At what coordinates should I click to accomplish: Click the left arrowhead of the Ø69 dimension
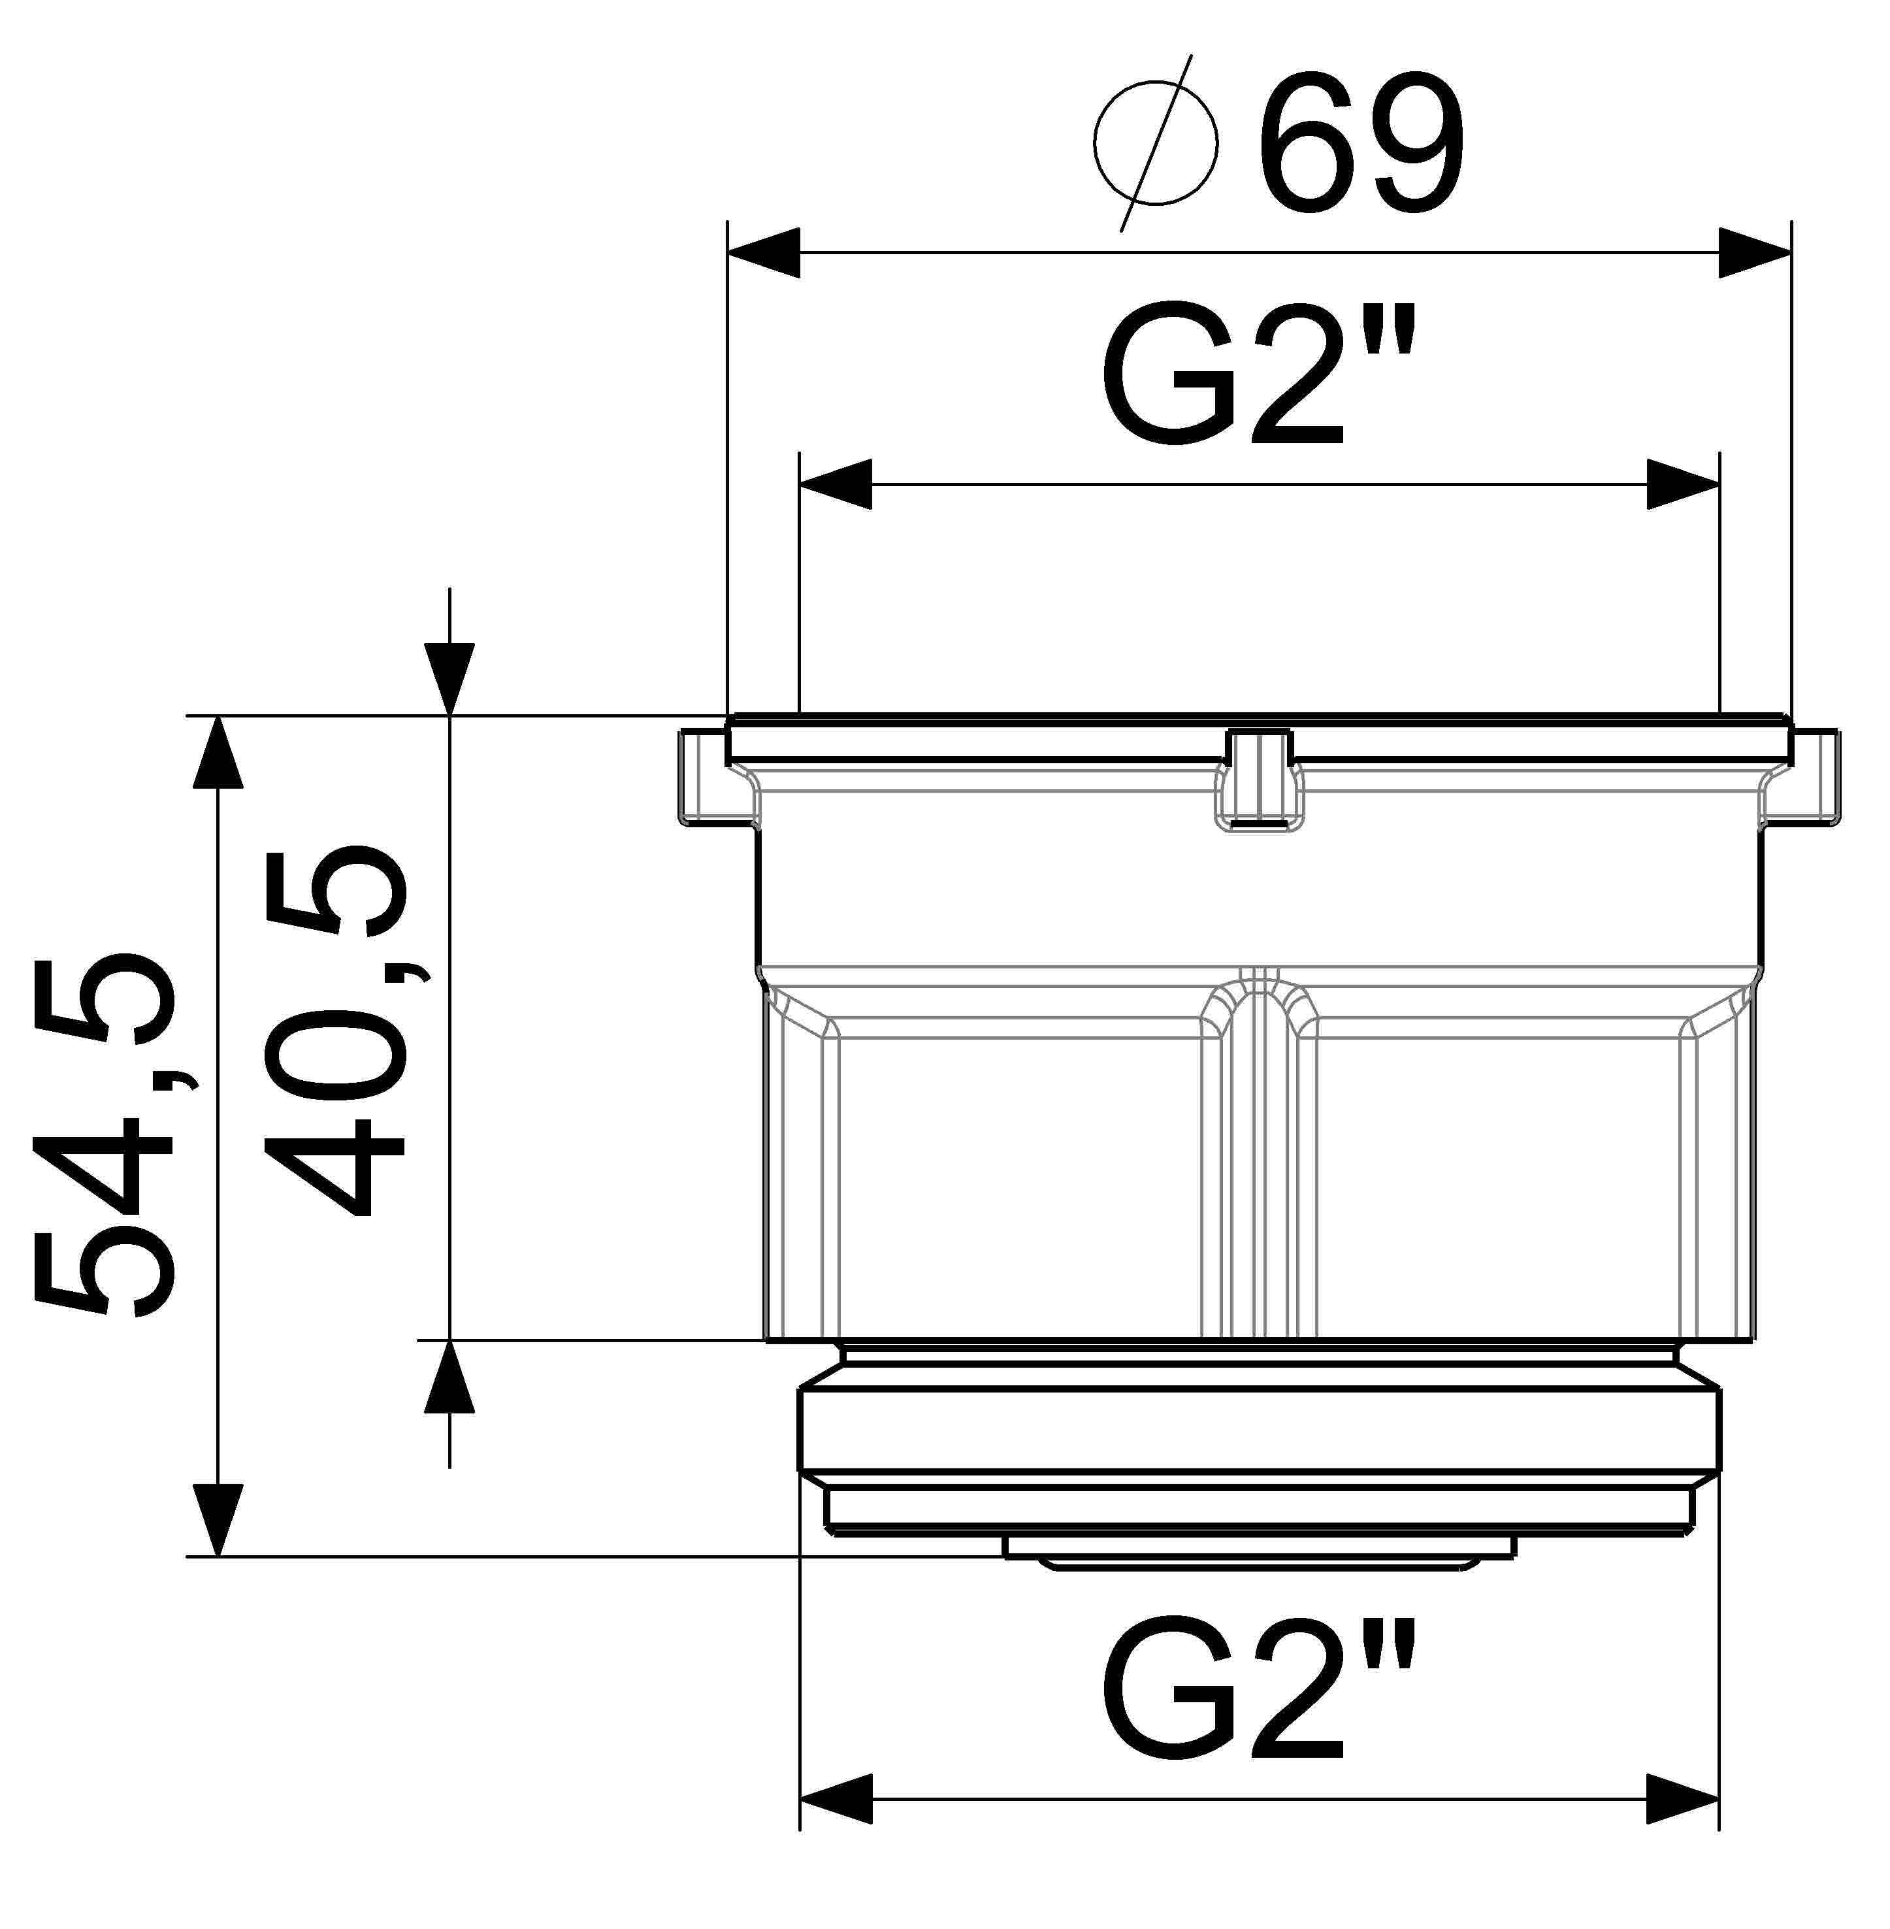coord(764,252)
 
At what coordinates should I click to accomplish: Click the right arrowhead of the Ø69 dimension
coord(1755,252)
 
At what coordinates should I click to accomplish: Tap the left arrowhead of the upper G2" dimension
coord(836,484)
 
